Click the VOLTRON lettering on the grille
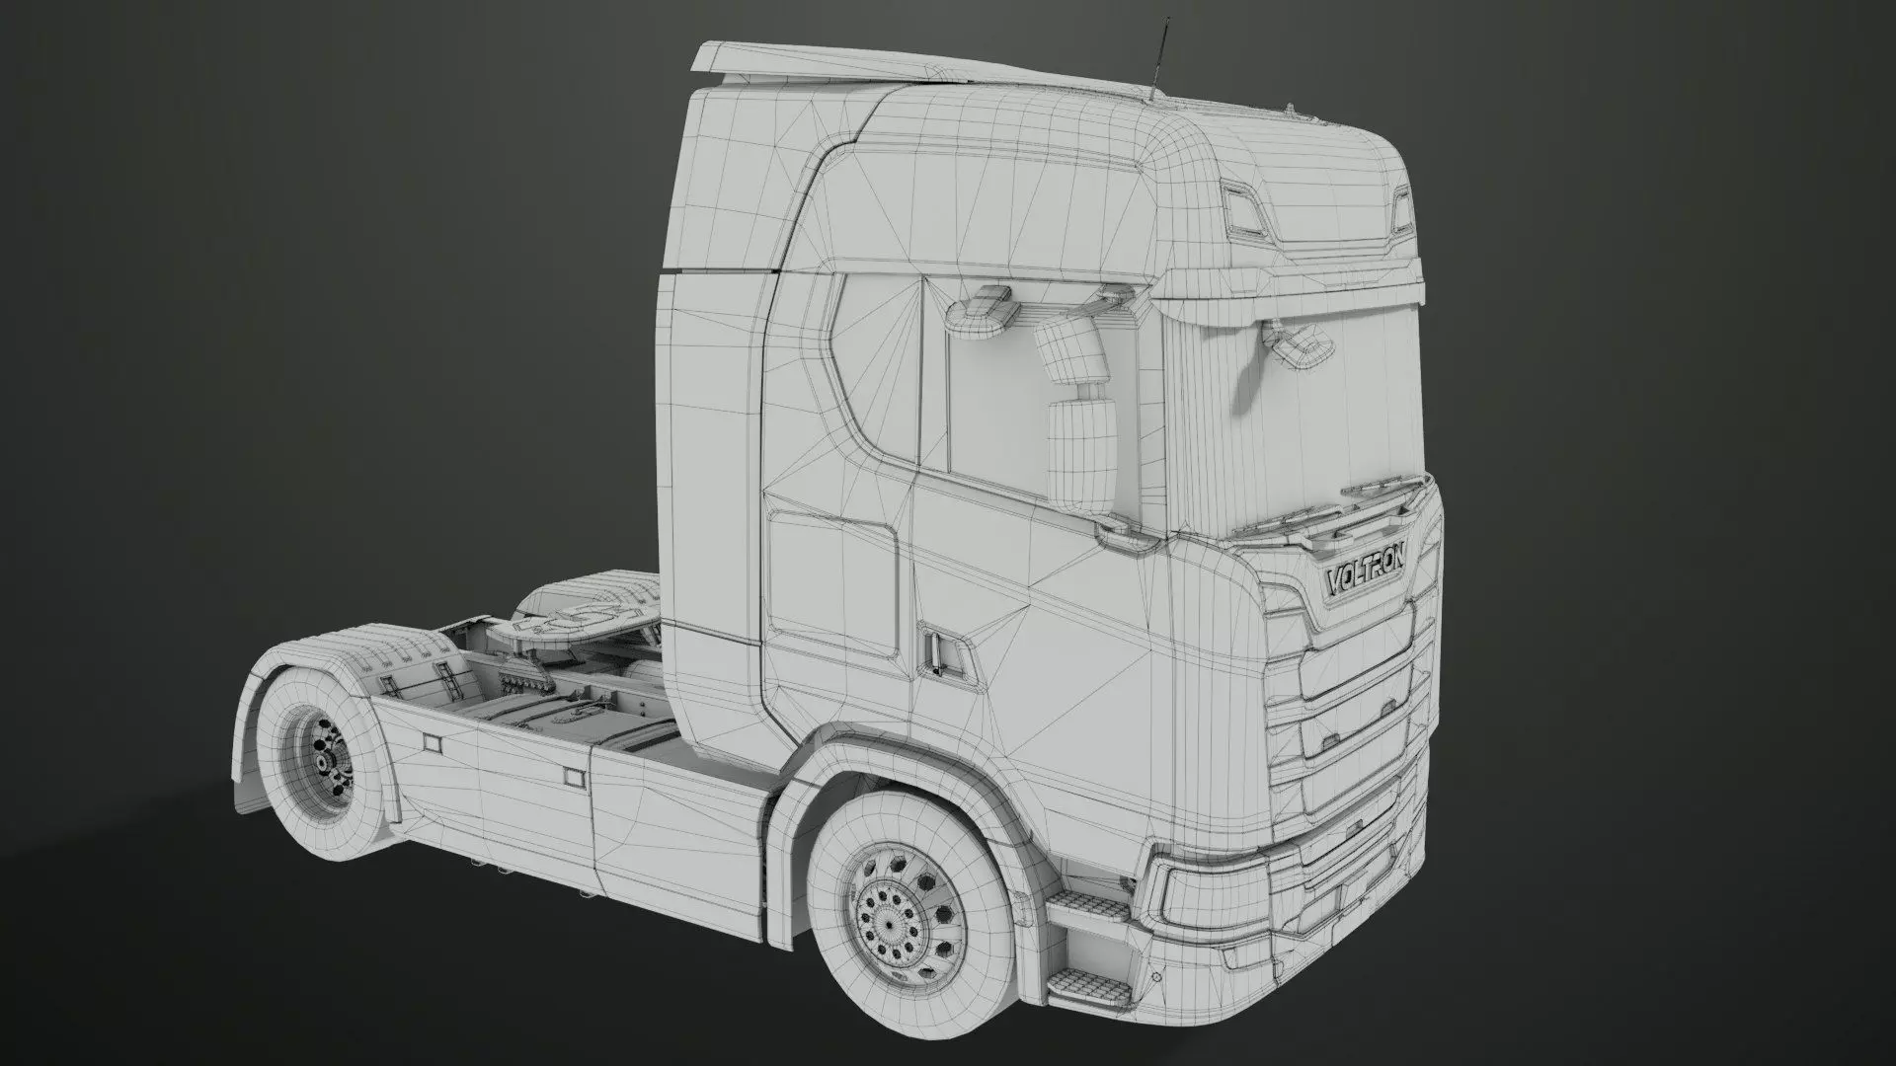tap(1368, 578)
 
